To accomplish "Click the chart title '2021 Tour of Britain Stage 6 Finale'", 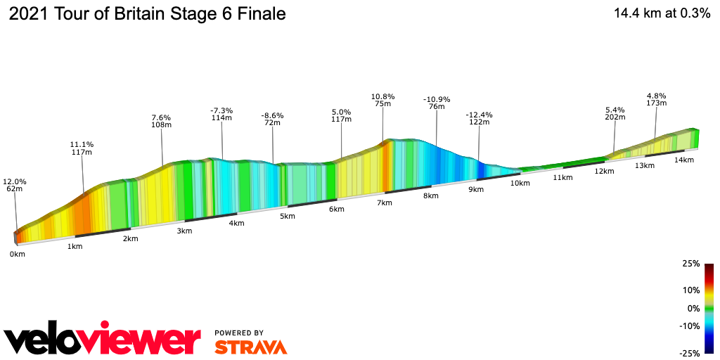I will click(146, 14).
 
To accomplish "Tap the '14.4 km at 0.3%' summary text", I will click(662, 13).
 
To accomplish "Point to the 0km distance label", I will click(18, 254).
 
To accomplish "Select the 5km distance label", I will click(287, 216).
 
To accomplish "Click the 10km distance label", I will click(520, 183).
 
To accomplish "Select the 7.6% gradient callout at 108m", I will click(162, 121).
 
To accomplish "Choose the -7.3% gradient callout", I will click(221, 114).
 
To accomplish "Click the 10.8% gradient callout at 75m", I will click(383, 100).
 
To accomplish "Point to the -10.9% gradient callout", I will click(437, 103).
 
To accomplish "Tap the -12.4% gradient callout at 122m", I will click(479, 118).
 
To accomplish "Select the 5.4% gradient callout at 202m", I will click(615, 113).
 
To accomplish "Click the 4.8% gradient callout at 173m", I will click(657, 99).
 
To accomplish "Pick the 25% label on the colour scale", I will click(690, 264).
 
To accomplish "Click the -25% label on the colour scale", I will click(688, 352).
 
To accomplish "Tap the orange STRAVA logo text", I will click(250, 347).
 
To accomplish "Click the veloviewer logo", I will click(102, 340).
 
